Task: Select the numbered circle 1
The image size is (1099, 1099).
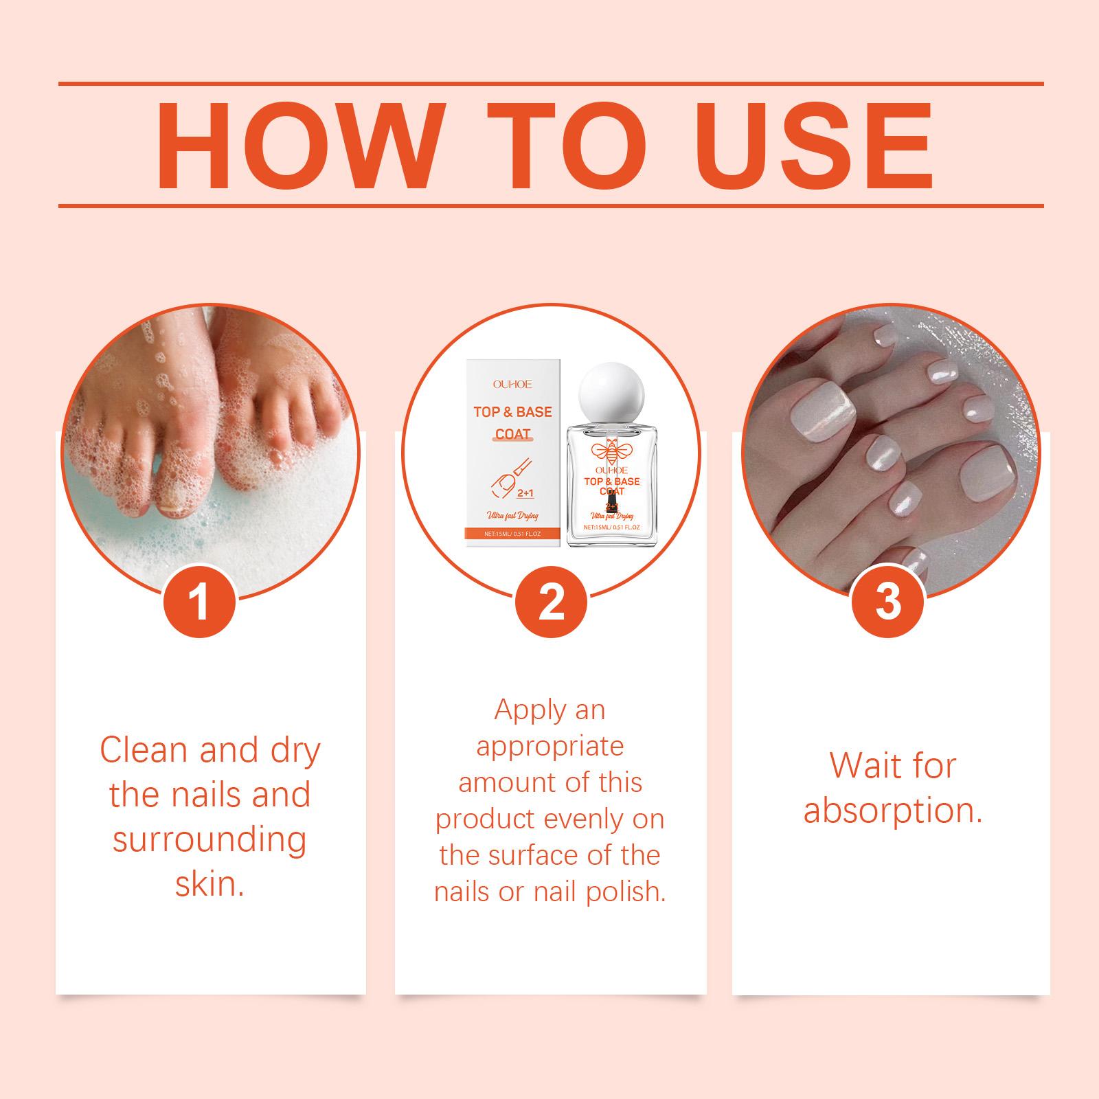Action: pyautogui.click(x=200, y=602)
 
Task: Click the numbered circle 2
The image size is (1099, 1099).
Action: pyautogui.click(x=551, y=602)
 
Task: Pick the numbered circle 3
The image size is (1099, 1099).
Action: pyautogui.click(x=888, y=602)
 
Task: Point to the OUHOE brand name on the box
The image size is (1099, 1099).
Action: pyautogui.click(x=512, y=385)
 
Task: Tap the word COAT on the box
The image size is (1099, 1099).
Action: pyautogui.click(x=513, y=434)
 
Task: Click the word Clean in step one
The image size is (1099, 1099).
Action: pyautogui.click(x=144, y=749)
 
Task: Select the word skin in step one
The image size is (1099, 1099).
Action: pyautogui.click(x=209, y=884)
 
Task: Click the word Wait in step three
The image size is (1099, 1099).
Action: pyautogui.click(x=864, y=765)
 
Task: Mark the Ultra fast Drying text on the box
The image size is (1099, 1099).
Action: pyautogui.click(x=512, y=514)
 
